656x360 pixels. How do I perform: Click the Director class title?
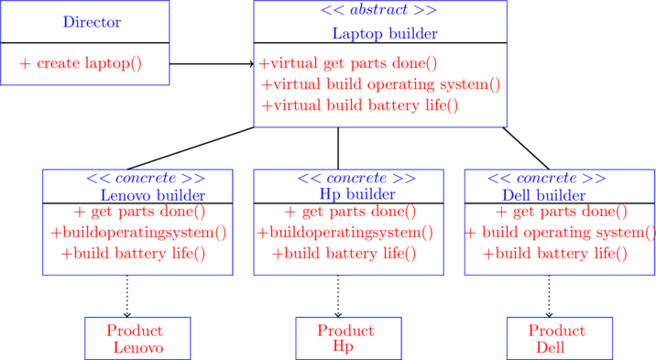[x=92, y=22]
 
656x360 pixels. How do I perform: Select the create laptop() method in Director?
[x=81, y=63]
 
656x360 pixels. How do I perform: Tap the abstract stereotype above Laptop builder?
[x=378, y=11]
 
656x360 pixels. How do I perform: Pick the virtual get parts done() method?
[x=348, y=63]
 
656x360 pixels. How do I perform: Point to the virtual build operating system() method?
[x=380, y=84]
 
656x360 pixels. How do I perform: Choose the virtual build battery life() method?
[x=360, y=105]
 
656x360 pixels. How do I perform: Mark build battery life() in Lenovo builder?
[x=134, y=254]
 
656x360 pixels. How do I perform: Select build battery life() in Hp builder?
[x=344, y=254]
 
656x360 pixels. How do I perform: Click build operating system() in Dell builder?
[x=561, y=233]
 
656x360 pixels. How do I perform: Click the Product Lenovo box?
[x=137, y=339]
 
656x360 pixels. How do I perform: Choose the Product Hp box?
[x=348, y=339]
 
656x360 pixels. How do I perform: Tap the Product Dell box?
[x=559, y=339]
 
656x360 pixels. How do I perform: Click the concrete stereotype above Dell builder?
[x=546, y=178]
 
